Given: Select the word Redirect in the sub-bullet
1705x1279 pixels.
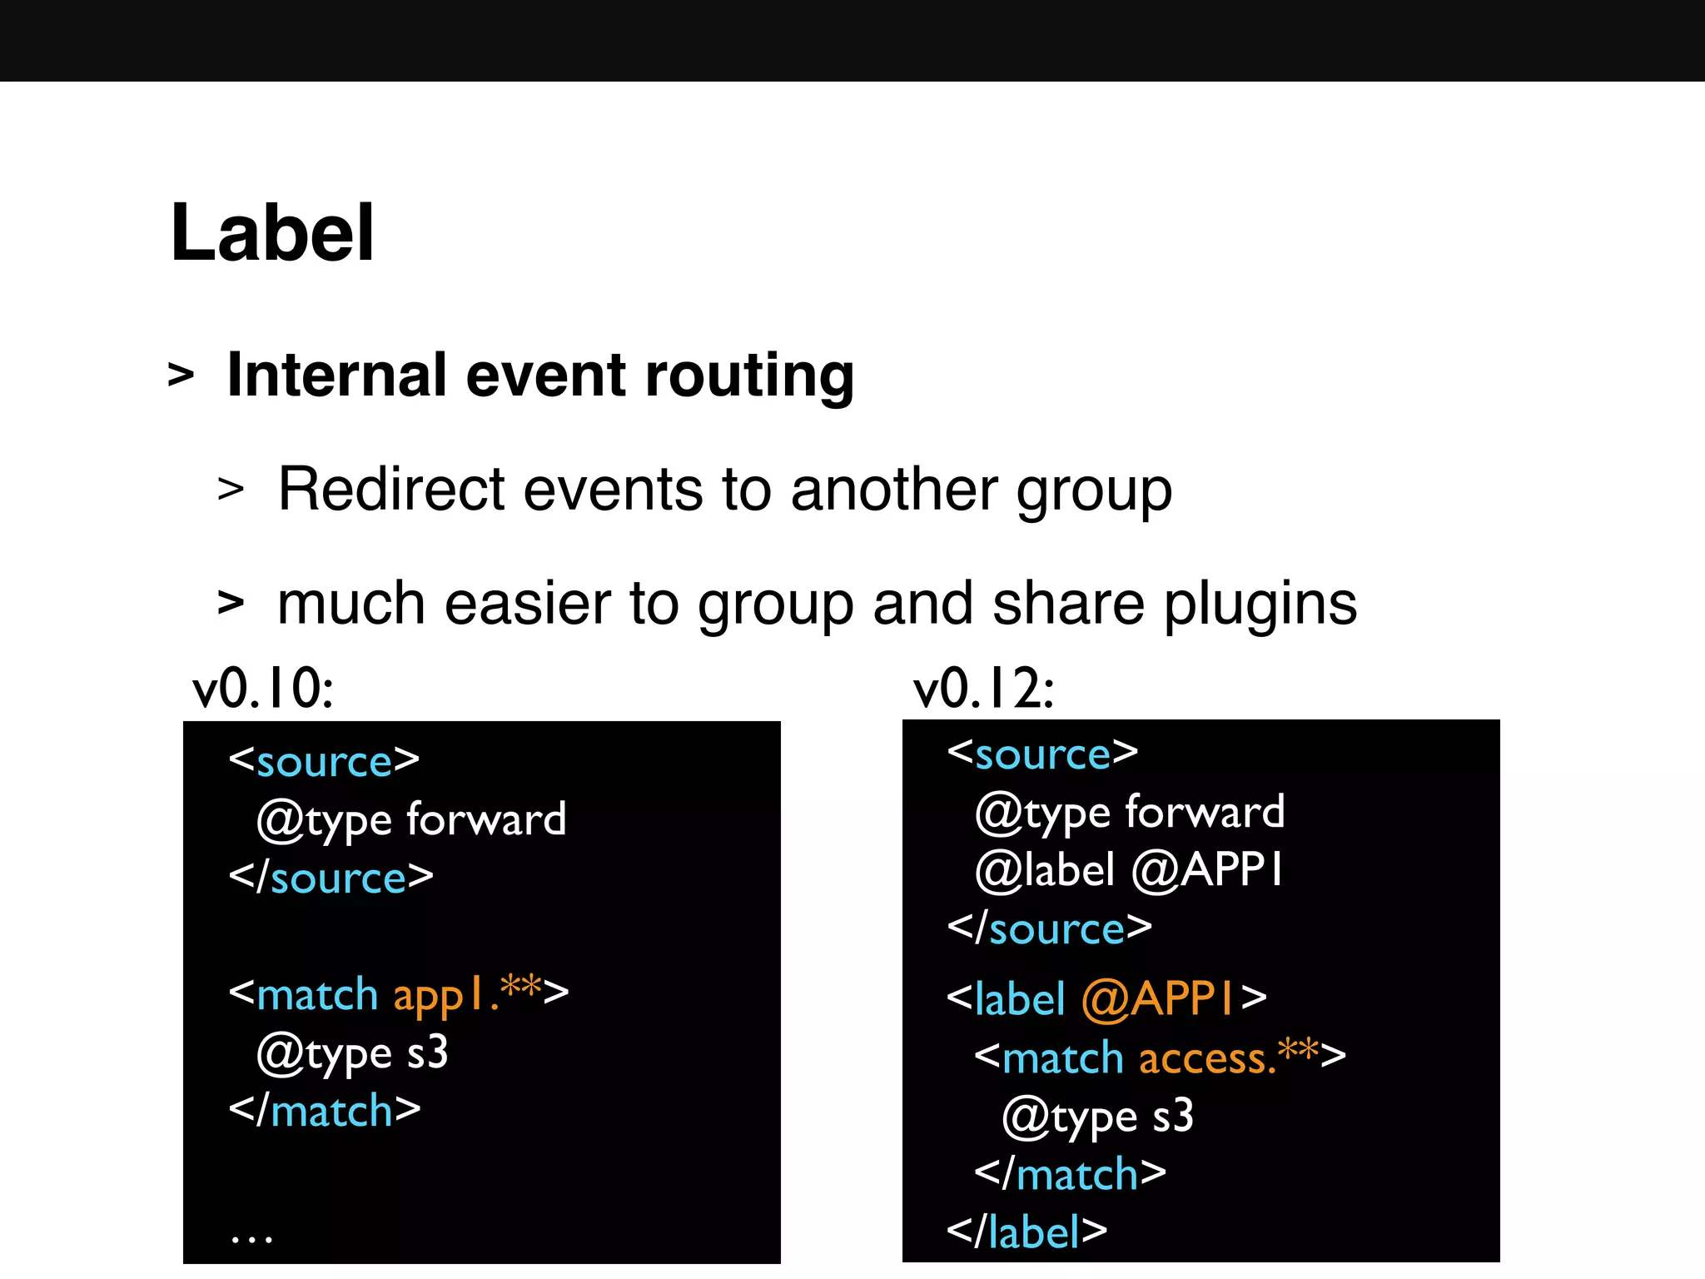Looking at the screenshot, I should [x=390, y=489].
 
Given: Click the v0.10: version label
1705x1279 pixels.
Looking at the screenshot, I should [x=263, y=689].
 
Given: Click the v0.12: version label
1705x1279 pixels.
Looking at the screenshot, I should [x=984, y=689].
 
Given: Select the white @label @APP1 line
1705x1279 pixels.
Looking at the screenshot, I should [x=1129, y=870].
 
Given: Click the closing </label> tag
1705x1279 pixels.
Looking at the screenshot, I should [x=1026, y=1231].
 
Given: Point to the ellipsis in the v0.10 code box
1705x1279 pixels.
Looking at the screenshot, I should [x=251, y=1239].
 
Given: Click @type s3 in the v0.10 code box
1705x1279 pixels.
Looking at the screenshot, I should [x=353, y=1053].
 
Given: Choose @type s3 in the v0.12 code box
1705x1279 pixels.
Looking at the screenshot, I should [x=1098, y=1117].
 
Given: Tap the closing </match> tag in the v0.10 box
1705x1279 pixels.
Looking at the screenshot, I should [x=325, y=1111].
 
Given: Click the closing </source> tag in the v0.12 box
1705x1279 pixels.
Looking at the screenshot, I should [x=1050, y=928].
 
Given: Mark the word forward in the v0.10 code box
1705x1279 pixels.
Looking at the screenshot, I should [x=486, y=819].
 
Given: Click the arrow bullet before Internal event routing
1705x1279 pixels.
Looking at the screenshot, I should [x=181, y=376].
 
